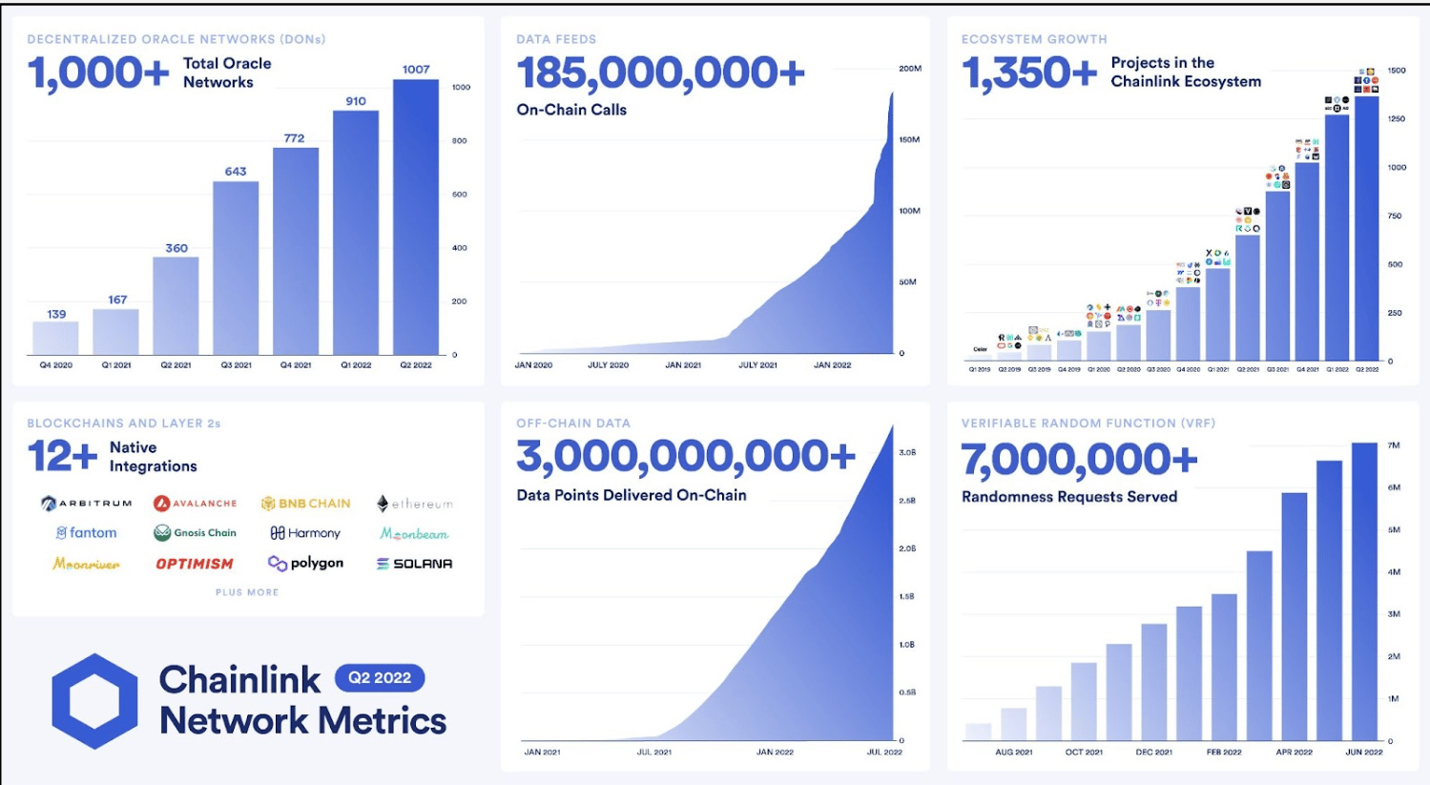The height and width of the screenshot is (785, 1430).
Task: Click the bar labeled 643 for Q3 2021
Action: coord(236,268)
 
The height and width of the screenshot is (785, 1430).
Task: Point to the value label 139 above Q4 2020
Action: coord(56,314)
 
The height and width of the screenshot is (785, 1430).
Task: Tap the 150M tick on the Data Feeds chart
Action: coord(909,140)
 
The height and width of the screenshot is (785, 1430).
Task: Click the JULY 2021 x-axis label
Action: coord(757,365)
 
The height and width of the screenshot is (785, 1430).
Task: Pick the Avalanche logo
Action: coord(196,504)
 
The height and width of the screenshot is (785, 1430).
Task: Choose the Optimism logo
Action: coord(195,564)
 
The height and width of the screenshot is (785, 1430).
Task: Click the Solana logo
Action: coord(414,564)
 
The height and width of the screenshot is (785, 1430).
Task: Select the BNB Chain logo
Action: coord(306,504)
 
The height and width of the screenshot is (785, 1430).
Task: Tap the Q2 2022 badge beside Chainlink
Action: coord(380,678)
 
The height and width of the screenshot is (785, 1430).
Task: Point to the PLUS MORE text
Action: coord(247,592)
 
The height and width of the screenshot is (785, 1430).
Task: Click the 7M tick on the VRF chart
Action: coord(1394,445)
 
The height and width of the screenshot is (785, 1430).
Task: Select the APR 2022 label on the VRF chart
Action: coord(1294,753)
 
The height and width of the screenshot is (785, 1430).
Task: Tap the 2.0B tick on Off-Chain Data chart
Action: coord(907,548)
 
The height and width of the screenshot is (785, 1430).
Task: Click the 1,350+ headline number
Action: coord(1029,73)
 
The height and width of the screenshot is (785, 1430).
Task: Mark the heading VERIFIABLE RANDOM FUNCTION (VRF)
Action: coord(1088,423)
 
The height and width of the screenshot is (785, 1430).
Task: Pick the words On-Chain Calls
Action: coord(571,110)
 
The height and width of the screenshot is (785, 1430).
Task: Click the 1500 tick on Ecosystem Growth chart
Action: coord(1397,71)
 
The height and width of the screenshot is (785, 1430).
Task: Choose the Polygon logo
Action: coord(306,564)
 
